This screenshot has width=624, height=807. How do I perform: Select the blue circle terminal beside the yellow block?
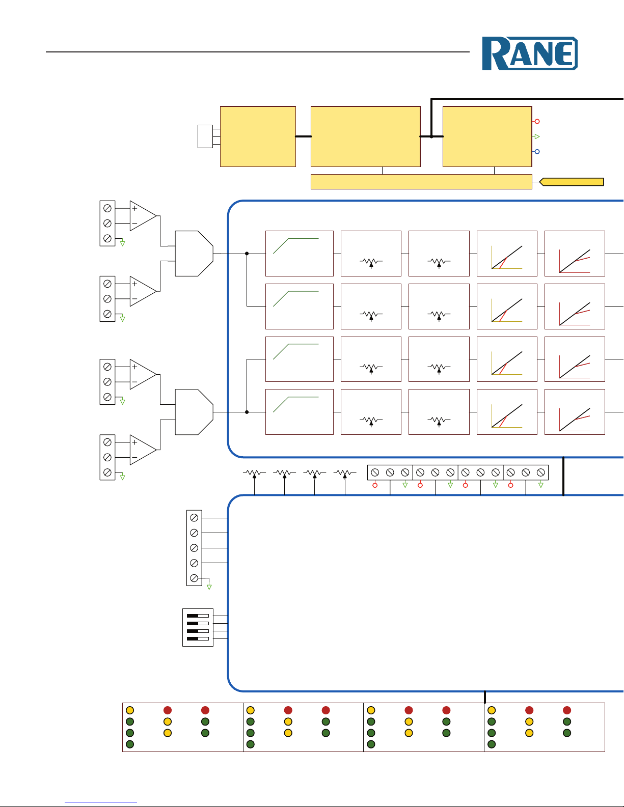click(x=537, y=152)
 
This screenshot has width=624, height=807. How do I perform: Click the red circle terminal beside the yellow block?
click(x=537, y=122)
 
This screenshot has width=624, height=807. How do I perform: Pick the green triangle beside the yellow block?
click(x=536, y=136)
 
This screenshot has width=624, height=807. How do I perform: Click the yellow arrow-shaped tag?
click(x=572, y=182)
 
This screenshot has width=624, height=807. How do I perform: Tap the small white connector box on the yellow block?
click(x=205, y=136)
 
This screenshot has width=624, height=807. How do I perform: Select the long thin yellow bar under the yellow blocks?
click(x=421, y=182)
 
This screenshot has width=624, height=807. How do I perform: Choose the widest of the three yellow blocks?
click(x=365, y=136)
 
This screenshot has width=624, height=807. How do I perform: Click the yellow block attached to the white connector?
click(x=258, y=136)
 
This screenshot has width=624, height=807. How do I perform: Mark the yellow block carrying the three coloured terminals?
click(x=487, y=136)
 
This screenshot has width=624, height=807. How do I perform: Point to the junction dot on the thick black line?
click(x=431, y=136)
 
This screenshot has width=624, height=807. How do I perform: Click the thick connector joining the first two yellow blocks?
click(x=303, y=136)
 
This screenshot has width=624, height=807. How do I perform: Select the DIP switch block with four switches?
click(x=198, y=627)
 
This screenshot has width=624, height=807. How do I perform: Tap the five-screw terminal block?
click(x=194, y=548)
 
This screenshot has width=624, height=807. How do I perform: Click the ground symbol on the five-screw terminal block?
click(x=209, y=587)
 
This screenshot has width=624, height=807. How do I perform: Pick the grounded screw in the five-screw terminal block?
click(x=194, y=578)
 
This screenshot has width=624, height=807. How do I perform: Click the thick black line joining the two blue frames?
click(x=563, y=476)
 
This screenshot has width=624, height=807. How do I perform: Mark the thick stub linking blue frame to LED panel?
click(x=485, y=697)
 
